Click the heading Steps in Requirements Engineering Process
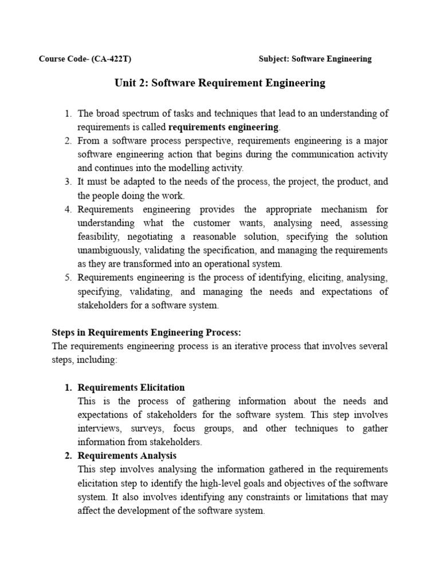click(147, 332)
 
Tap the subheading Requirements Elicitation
click(131, 387)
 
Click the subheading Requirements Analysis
click(127, 456)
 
